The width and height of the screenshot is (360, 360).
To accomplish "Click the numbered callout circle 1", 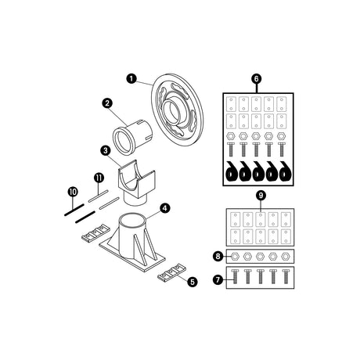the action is point(131,78).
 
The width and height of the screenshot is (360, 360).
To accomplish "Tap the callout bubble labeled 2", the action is point(107,103).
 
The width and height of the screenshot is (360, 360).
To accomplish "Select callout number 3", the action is point(106,150).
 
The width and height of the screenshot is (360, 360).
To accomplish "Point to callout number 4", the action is point(164,208).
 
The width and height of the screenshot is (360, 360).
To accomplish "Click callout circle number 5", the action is point(193,282).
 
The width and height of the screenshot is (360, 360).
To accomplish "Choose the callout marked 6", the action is point(256,79).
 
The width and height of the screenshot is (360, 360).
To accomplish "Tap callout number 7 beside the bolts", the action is point(218,280).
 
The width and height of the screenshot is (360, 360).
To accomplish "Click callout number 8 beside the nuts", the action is point(218,256).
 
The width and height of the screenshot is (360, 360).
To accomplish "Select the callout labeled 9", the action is point(261,196).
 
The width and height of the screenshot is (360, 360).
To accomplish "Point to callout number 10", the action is point(73,192).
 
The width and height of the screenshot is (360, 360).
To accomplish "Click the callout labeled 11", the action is point(99,178).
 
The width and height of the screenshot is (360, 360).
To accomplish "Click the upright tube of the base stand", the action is point(131,235).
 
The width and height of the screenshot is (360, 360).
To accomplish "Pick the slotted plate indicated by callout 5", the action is point(171,271).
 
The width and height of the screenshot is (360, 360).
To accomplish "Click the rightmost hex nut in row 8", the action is point(285,257).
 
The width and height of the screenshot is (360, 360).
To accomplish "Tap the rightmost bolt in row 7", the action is point(286,277).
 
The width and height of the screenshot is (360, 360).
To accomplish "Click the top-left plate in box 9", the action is point(236,219).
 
